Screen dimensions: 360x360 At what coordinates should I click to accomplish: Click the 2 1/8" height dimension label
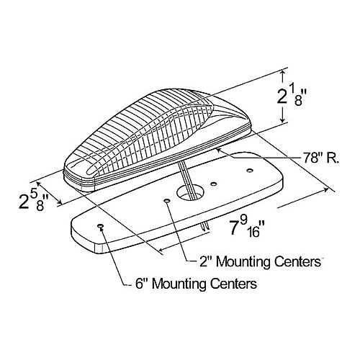(290, 96)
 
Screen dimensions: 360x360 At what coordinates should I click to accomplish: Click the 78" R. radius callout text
(320, 158)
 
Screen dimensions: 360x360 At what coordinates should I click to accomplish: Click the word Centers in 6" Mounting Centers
(234, 284)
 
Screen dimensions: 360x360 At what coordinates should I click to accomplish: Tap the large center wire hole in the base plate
(190, 192)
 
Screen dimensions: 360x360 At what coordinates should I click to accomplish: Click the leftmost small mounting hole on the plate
(100, 226)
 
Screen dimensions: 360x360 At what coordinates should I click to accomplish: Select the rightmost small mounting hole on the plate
(250, 171)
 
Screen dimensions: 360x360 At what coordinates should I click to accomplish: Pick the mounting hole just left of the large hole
(167, 200)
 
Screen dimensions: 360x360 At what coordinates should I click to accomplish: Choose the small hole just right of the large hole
(214, 184)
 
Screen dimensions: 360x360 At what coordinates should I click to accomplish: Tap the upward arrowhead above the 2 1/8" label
(284, 73)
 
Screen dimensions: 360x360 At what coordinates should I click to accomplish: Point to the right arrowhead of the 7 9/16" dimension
(325, 189)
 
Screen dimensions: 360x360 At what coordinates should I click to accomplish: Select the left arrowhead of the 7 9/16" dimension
(163, 250)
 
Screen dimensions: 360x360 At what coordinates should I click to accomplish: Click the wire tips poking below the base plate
(205, 227)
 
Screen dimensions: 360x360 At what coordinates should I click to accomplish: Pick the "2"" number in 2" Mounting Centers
(206, 261)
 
